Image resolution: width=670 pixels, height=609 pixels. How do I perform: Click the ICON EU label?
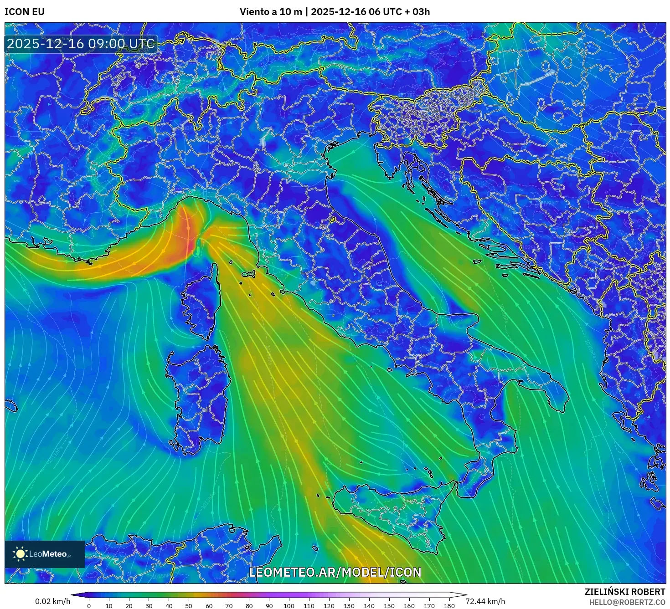[25, 12]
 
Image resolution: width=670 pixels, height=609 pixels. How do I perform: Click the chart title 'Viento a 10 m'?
[271, 12]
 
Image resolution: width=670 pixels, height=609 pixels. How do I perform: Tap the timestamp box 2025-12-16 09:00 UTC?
[81, 44]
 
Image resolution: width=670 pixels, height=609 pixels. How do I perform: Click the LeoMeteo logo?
[44, 554]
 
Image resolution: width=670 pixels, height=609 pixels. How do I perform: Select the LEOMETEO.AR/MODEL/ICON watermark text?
[335, 572]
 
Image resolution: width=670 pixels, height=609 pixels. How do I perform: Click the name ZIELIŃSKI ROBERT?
[625, 592]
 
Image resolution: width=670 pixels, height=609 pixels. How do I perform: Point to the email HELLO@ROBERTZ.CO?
[627, 602]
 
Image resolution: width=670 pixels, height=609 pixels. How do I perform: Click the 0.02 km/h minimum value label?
[52, 601]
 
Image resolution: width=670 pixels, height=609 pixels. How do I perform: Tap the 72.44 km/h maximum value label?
[485, 601]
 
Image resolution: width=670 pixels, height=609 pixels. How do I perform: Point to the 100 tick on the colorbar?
[289, 606]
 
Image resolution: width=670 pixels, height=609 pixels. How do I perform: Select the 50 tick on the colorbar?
[189, 606]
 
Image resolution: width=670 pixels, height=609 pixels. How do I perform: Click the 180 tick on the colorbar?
[449, 606]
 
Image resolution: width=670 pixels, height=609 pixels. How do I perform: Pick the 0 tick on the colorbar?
[89, 606]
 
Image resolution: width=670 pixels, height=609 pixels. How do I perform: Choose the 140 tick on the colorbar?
[369, 606]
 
